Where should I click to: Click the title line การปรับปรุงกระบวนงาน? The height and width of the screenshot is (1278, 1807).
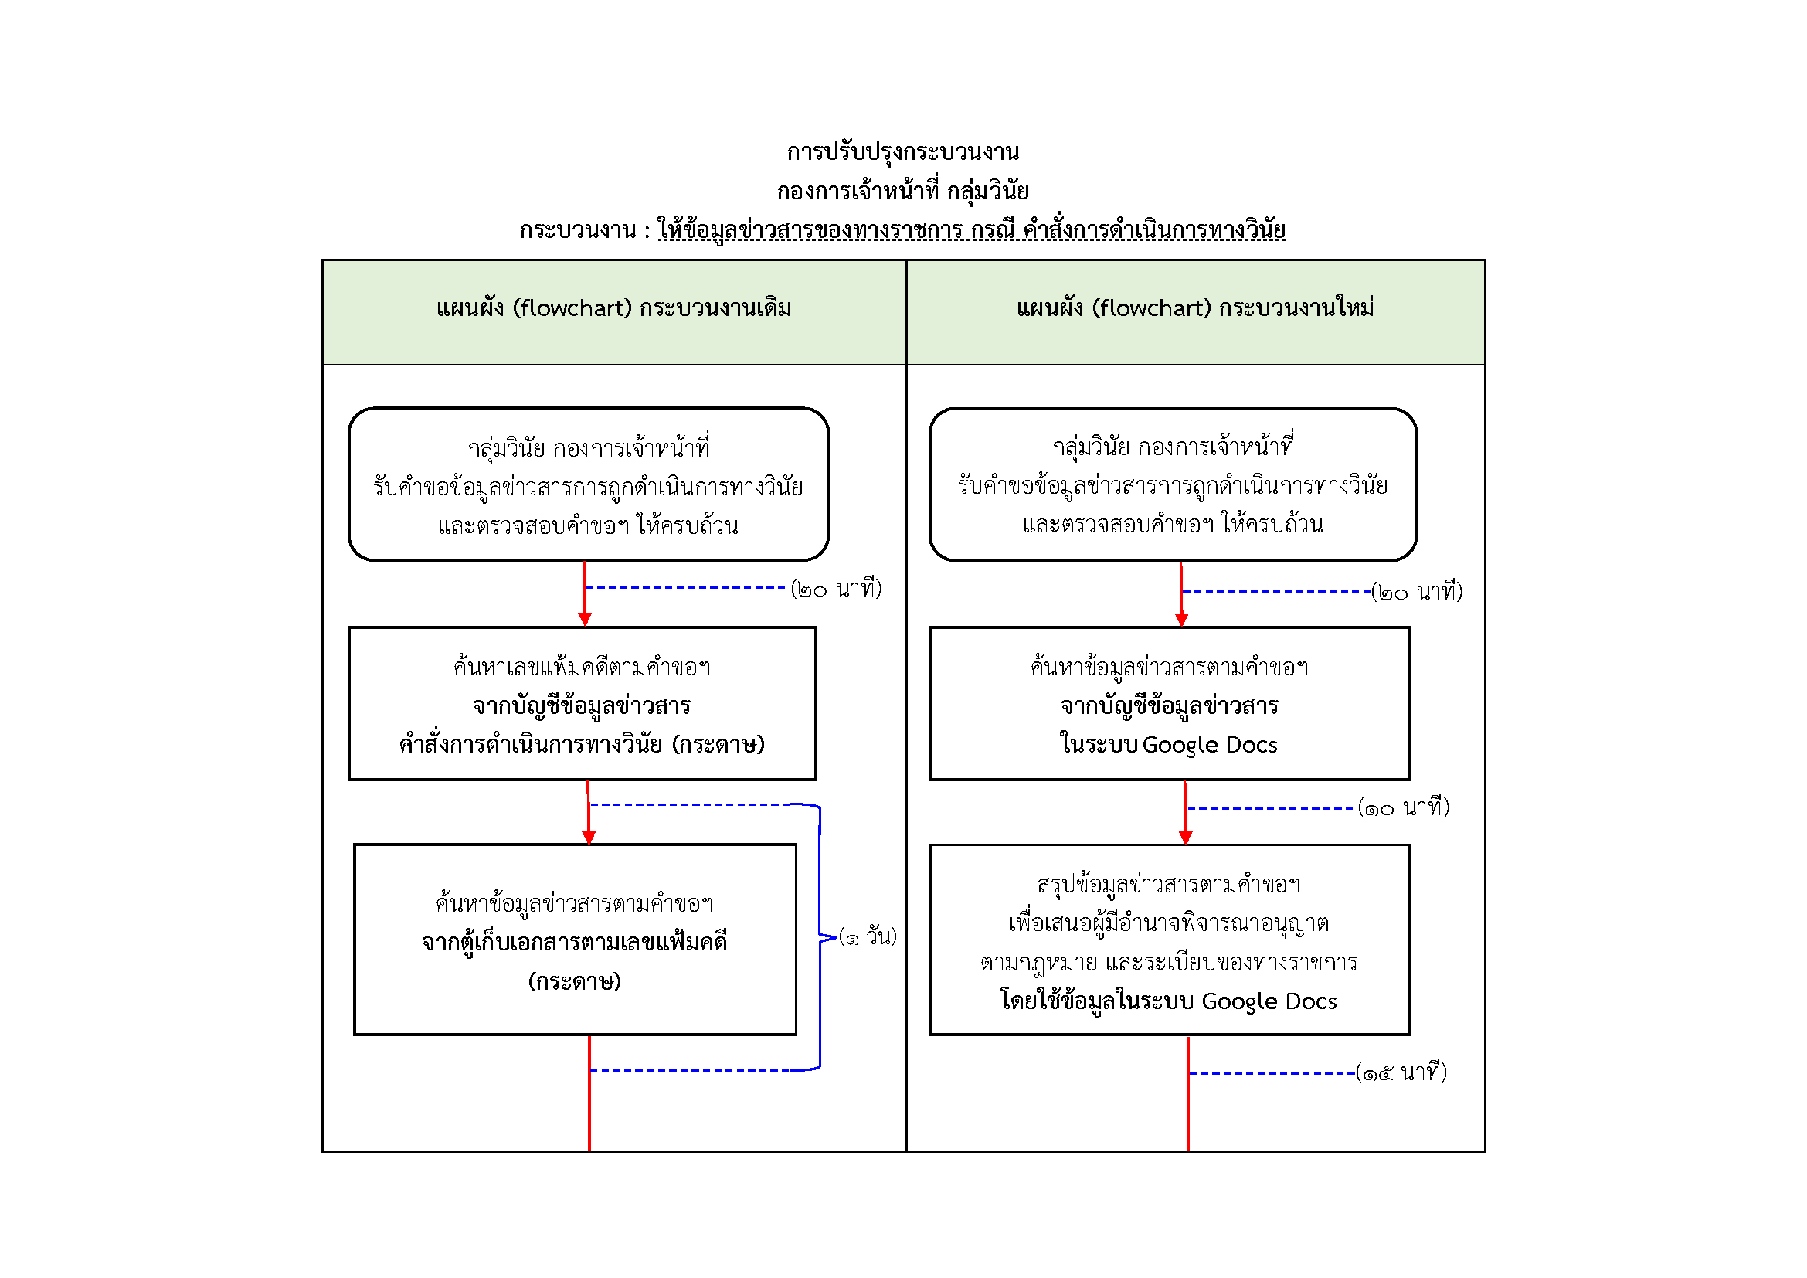click(902, 152)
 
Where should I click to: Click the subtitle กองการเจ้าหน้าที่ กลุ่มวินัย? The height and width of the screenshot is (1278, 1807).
click(902, 191)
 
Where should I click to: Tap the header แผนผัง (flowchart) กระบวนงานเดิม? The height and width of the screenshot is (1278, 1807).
click(614, 308)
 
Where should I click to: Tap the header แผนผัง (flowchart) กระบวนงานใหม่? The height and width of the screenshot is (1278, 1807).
click(1194, 308)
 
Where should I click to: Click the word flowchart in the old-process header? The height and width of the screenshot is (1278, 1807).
click(572, 308)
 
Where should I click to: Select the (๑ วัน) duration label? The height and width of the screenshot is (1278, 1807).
click(868, 936)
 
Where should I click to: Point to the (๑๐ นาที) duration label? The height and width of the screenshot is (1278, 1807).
click(1403, 807)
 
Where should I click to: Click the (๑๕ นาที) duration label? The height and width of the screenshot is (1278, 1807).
click(1401, 1072)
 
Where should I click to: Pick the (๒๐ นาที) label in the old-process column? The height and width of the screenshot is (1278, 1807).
click(836, 588)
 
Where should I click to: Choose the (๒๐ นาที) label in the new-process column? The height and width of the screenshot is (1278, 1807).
click(1417, 591)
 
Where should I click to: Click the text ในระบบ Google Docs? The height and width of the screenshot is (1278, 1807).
click(1169, 744)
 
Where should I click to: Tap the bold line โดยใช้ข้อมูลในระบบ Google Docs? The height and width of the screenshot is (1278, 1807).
click(1169, 1001)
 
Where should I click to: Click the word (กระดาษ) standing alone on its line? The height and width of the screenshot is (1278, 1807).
click(575, 981)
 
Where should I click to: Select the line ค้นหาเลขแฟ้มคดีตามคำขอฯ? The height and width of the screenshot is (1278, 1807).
click(582, 668)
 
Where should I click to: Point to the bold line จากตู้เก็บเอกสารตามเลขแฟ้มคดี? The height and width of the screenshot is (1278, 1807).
click(575, 942)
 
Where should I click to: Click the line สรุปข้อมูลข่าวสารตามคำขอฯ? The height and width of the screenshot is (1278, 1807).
click(1169, 885)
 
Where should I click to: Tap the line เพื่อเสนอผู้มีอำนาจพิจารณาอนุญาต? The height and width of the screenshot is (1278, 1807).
click(1169, 923)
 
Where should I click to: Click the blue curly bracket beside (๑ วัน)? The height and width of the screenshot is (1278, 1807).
click(821, 936)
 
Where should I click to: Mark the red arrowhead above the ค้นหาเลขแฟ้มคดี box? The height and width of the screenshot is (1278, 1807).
click(585, 620)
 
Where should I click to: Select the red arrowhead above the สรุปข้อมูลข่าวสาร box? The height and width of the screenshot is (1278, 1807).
click(1186, 838)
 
